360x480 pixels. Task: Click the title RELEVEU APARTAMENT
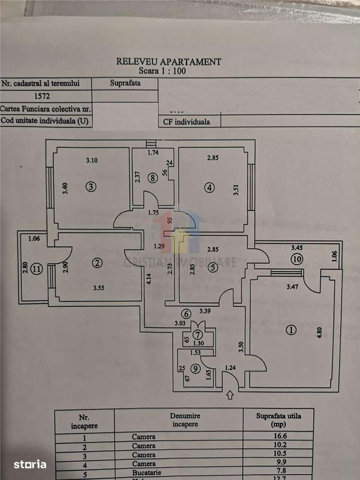(x=169, y=61)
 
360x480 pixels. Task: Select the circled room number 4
(x=209, y=188)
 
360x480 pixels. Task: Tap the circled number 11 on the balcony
(x=37, y=269)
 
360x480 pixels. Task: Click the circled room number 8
(x=153, y=178)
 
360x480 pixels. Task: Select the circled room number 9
(x=194, y=369)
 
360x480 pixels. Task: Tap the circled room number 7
(x=197, y=334)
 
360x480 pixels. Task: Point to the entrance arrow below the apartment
(x=229, y=395)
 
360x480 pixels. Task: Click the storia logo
(x=30, y=464)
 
